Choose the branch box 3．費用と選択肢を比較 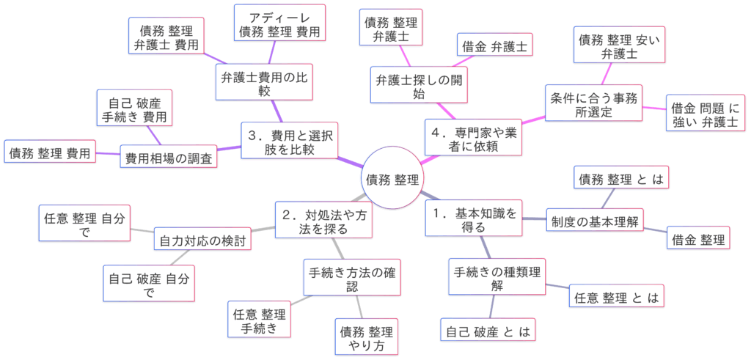289,142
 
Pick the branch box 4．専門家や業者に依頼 474,137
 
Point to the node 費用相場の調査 169,157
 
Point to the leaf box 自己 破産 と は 487,330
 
